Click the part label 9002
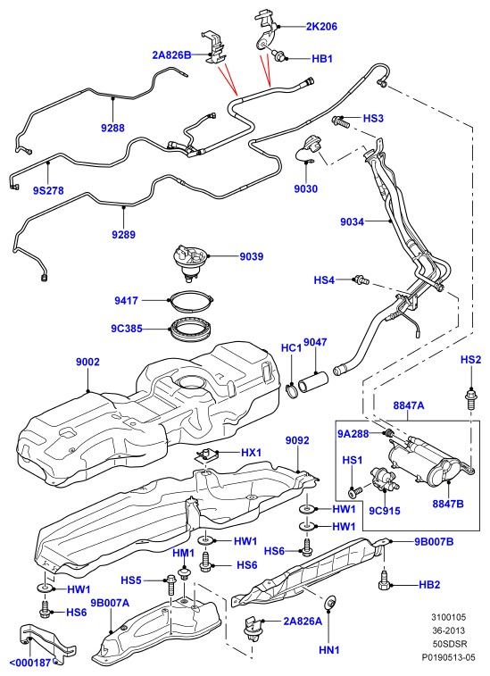[x=87, y=362]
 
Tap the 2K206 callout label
[x=321, y=26]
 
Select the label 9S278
[x=48, y=190]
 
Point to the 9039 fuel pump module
[x=189, y=263]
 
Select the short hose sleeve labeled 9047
[x=314, y=384]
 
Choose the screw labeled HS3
[x=340, y=121]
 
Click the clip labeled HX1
[x=207, y=455]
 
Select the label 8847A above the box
[x=408, y=405]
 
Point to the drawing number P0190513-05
[x=448, y=657]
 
